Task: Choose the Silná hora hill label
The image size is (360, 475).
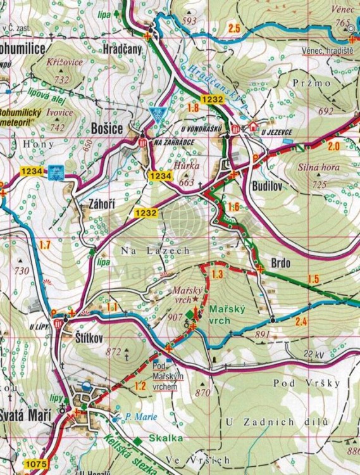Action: tap(318, 168)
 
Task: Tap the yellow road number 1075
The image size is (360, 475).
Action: tap(35, 465)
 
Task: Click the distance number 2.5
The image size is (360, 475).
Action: tap(234, 28)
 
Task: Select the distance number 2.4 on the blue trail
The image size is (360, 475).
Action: tap(301, 322)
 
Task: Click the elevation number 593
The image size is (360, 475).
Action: tap(189, 22)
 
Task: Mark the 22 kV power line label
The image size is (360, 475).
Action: tap(316, 353)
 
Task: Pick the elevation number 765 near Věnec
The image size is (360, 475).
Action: tap(344, 23)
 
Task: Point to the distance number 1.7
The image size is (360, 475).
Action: tap(44, 244)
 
